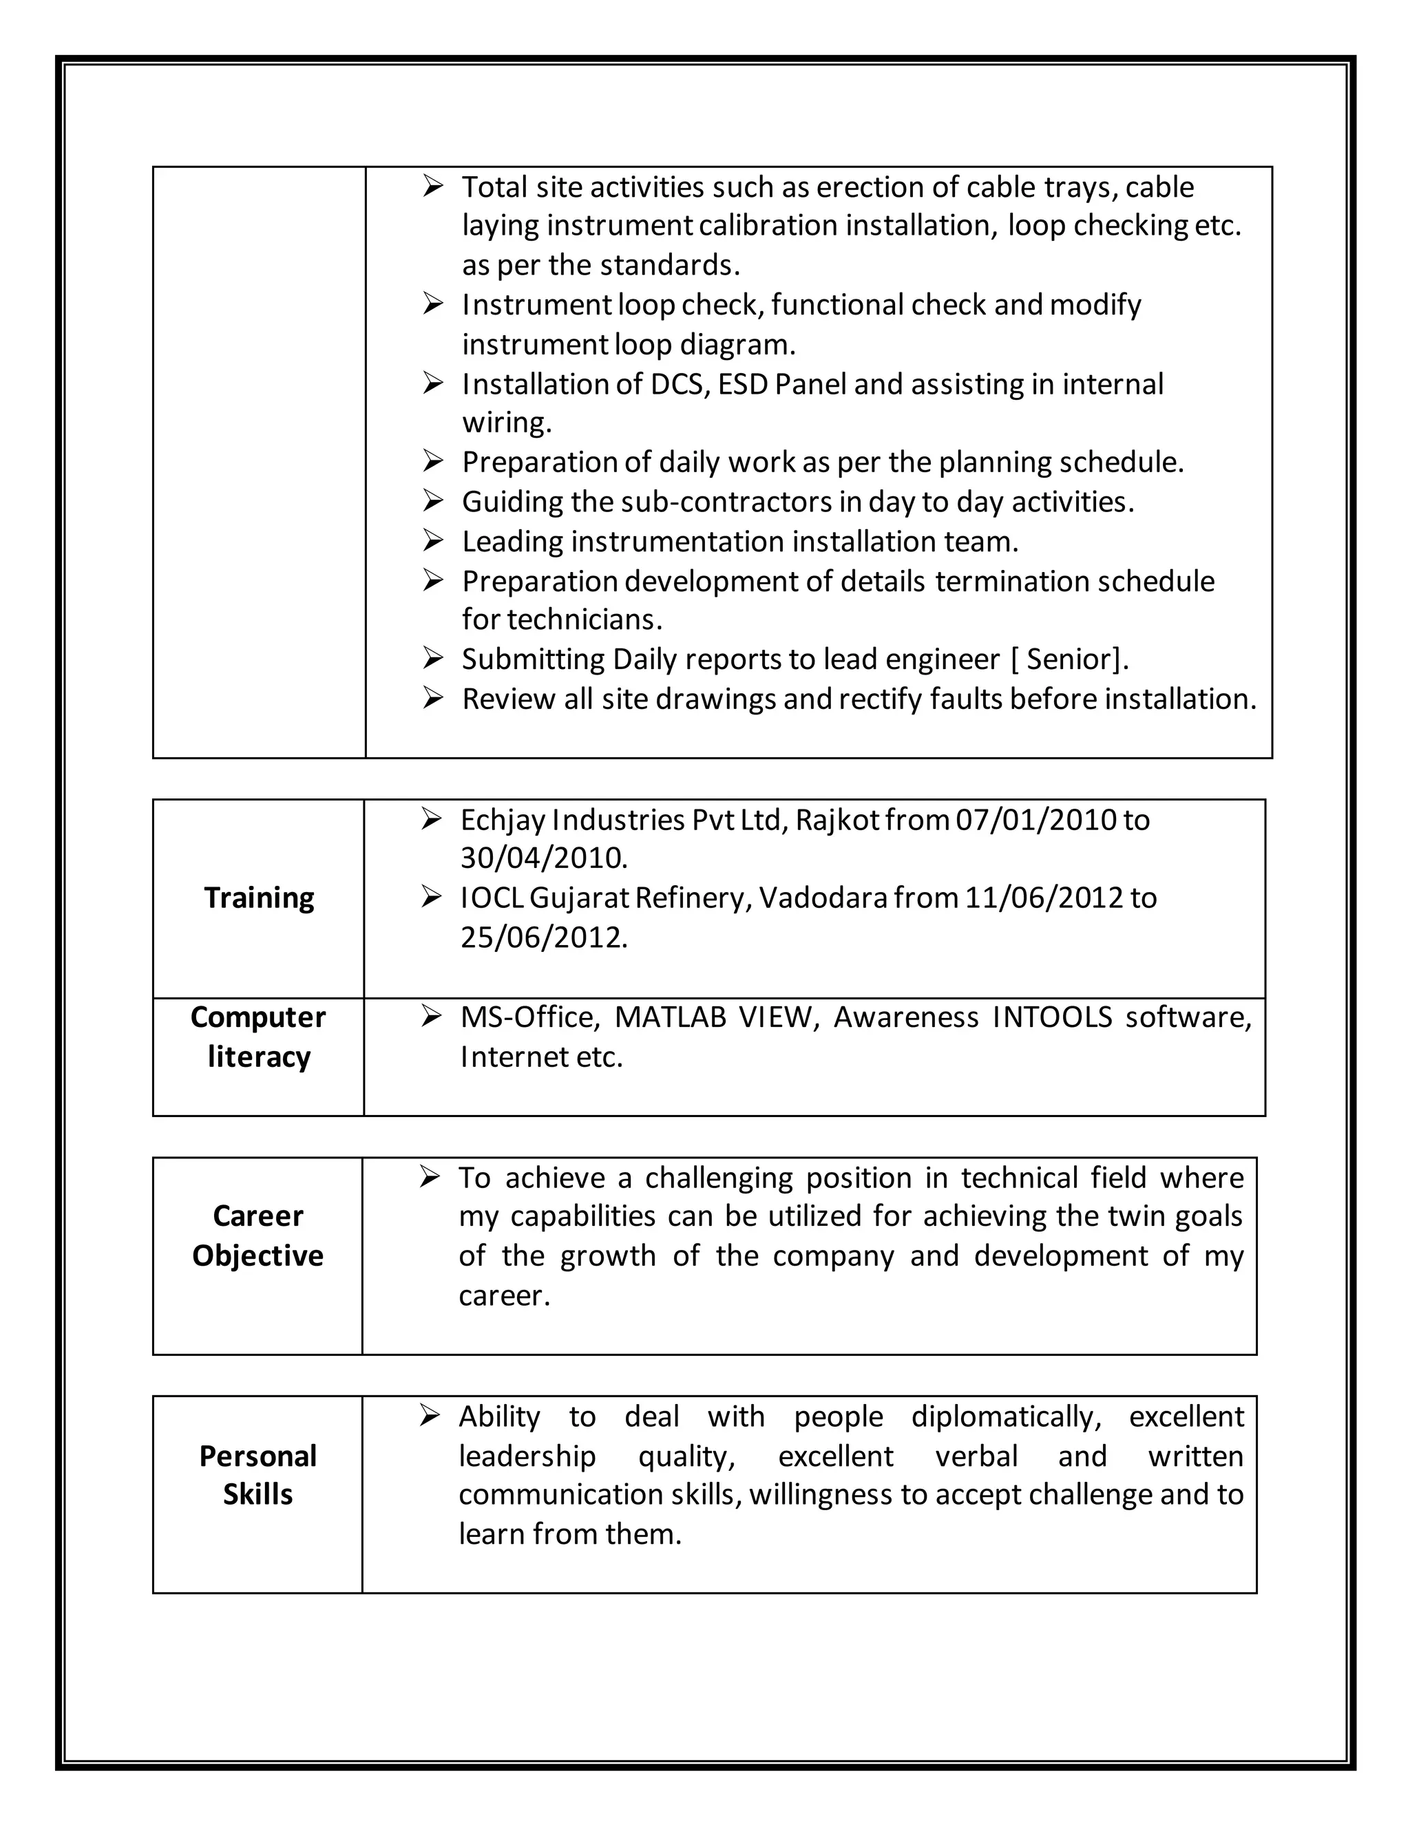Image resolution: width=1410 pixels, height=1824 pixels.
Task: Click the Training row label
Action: click(259, 898)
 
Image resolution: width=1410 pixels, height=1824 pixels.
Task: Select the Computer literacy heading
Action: click(258, 1037)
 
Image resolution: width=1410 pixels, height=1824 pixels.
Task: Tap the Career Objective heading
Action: click(257, 1236)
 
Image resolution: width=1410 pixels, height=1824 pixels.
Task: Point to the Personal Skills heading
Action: click(257, 1475)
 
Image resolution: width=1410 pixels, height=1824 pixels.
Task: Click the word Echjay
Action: click(502, 820)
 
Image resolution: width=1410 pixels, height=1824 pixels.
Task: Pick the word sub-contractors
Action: click(728, 502)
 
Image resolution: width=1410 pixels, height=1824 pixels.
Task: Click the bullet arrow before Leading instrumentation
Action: click(432, 540)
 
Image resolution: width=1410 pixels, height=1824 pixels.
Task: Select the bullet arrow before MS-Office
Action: click(431, 1017)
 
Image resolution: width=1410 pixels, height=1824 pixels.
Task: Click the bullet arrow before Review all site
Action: click(432, 698)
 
